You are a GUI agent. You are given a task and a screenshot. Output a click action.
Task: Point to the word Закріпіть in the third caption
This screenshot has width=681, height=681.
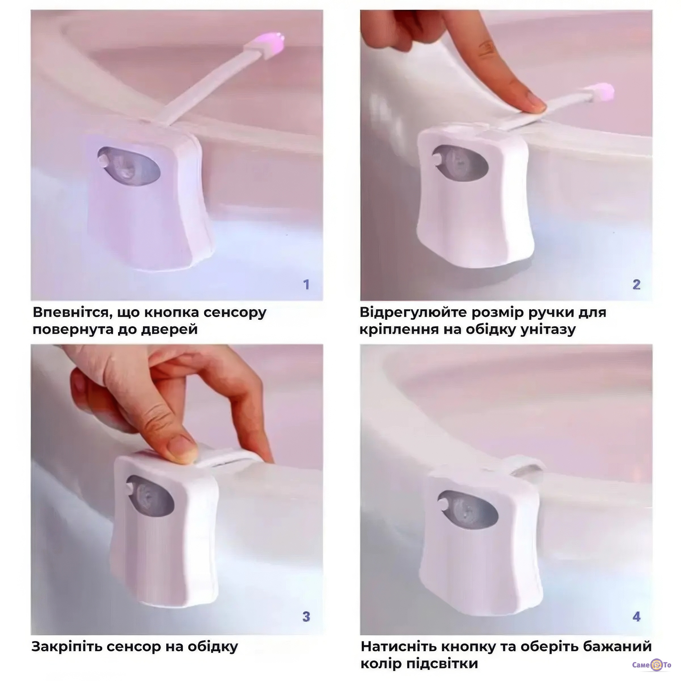click(x=67, y=647)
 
